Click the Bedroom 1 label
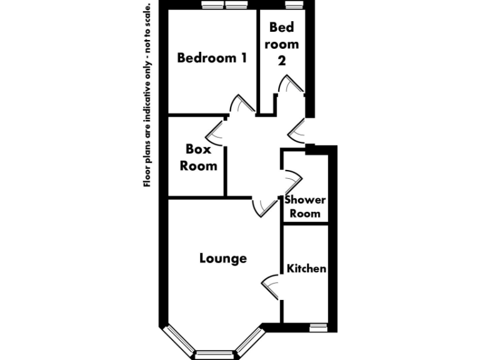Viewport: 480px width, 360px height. [212, 58]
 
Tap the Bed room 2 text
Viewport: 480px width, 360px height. [283, 44]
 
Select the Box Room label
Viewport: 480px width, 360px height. [198, 157]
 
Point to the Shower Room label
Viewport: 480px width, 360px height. [304, 207]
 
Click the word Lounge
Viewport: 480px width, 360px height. [223, 258]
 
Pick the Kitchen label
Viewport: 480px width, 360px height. [306, 268]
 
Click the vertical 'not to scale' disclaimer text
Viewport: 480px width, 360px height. [147, 94]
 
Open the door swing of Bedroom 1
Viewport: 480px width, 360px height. [239, 104]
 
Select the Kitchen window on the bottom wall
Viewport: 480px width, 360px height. [319, 326]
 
